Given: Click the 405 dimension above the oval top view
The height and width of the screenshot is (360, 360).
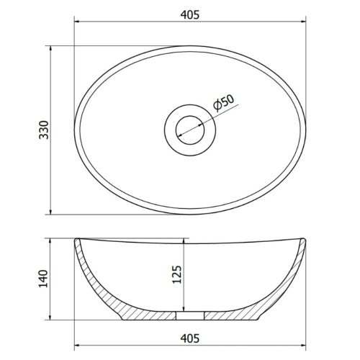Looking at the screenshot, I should click(192, 12).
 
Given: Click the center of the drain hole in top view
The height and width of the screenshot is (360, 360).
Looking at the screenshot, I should click(192, 130).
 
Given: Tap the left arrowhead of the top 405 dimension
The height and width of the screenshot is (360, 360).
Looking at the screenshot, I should click(78, 22).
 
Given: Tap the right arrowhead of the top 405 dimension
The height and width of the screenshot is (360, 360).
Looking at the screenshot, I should click(305, 22).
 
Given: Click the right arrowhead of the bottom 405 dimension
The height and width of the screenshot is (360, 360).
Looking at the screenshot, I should click(305, 346).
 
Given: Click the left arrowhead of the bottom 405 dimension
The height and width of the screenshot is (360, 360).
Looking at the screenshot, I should click(78, 346).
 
